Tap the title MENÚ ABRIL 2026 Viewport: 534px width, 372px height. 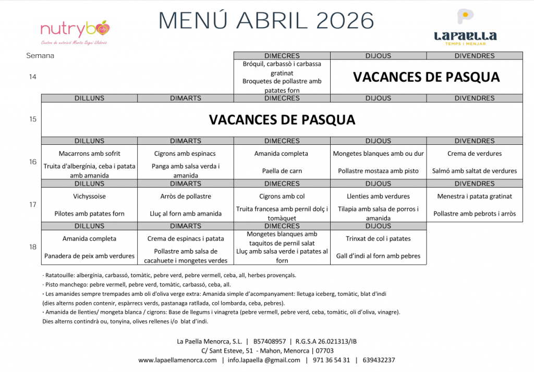tap(266, 21)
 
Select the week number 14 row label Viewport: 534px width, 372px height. tap(33, 77)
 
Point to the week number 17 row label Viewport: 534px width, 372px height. tap(33, 205)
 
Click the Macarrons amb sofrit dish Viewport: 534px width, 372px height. tap(89, 154)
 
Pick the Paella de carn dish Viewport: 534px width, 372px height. tap(282, 171)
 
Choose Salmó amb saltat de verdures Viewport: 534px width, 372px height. tap(475, 171)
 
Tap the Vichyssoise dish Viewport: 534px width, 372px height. tap(89, 196)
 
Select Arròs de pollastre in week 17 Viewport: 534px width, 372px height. tap(186, 196)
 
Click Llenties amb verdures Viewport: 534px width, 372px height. tap(378, 196)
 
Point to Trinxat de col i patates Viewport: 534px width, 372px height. tap(378, 239)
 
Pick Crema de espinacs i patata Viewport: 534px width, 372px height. tap(186, 239)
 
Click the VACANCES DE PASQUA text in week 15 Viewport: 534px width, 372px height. tap(282, 120)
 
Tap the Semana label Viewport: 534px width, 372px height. tap(40, 56)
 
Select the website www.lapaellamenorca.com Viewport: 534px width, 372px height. tap(177, 360)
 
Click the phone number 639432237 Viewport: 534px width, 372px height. tap(379, 360)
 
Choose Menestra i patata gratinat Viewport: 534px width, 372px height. tap(475, 196)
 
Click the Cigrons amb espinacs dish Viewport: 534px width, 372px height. tap(185, 154)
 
